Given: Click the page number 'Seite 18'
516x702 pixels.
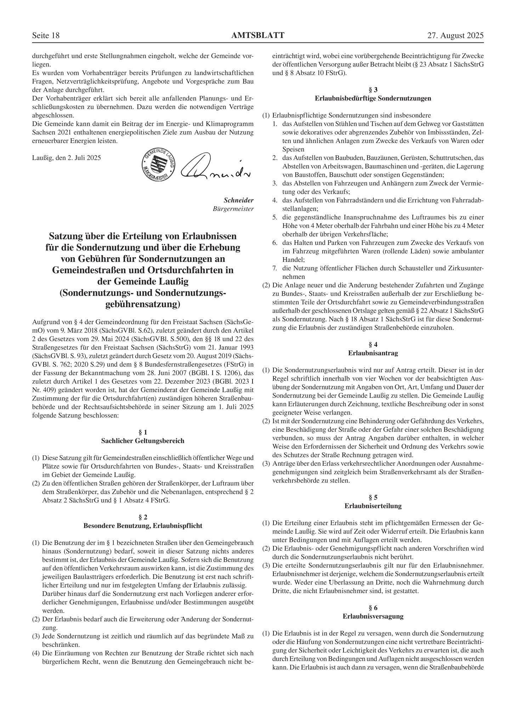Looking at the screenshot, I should click(x=46, y=36).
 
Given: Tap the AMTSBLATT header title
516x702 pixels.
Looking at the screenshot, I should click(x=258, y=36).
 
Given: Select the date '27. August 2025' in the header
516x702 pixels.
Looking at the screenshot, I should click(x=455, y=36).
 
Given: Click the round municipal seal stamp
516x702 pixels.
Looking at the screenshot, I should click(x=159, y=165).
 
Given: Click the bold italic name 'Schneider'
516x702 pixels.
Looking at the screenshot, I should click(x=239, y=200).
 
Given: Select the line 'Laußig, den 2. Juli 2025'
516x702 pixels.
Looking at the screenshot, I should click(x=67, y=158).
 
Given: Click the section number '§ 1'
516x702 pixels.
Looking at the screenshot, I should click(x=143, y=432).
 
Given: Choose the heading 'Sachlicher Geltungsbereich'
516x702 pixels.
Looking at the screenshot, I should click(x=143, y=441).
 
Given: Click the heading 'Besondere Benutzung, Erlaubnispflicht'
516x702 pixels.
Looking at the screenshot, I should click(x=143, y=526).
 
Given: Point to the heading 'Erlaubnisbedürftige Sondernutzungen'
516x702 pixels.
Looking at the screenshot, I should click(x=373, y=98).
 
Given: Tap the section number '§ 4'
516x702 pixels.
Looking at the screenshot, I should click(x=373, y=345).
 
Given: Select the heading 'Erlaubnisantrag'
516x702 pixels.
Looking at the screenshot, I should click(x=373, y=353).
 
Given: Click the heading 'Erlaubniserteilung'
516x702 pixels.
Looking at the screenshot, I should click(x=373, y=506).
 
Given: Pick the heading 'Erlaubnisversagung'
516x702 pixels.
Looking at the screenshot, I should click(x=373, y=616).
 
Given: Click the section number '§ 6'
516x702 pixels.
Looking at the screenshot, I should click(x=373, y=608).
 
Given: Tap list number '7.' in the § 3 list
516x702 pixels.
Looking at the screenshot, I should click(x=275, y=268).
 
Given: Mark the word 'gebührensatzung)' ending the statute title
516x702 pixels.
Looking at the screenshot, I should click(x=143, y=304).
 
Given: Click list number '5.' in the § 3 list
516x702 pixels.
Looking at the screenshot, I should click(x=275, y=217).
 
